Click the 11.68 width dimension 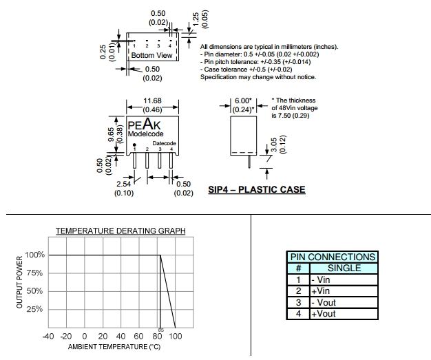tap(152, 100)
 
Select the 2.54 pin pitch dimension tap(124, 184)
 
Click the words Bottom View tap(151, 55)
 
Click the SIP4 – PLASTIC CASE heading tap(256, 189)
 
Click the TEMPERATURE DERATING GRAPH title tap(120, 230)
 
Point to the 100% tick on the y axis tap(35, 255)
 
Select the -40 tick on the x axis tap(48, 336)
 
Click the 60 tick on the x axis tap(139, 336)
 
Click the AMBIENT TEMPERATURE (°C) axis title tap(114, 346)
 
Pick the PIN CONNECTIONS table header tap(333, 257)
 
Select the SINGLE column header tap(344, 268)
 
